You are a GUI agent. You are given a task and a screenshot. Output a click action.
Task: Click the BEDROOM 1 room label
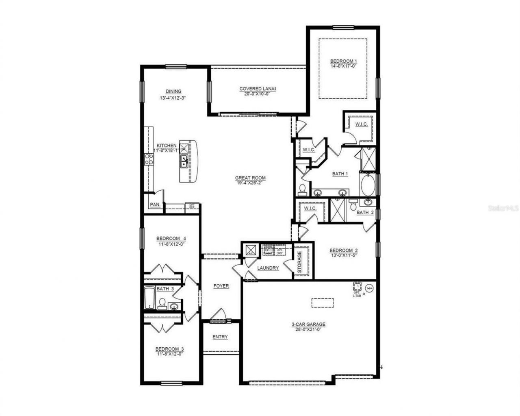coord(343,61)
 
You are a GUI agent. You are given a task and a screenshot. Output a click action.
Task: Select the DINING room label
coord(173,91)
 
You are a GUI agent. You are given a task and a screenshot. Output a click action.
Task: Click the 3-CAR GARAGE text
coord(308,324)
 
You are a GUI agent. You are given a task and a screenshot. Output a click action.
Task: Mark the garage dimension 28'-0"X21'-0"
coord(308,329)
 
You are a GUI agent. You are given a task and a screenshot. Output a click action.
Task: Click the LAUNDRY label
coord(268,268)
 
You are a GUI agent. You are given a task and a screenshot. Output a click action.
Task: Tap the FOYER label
coord(221,286)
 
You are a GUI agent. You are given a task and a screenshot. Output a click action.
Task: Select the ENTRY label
coord(220,337)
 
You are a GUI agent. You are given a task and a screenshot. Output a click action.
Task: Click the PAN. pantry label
coord(154,205)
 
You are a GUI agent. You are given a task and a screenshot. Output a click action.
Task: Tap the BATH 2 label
coord(365,212)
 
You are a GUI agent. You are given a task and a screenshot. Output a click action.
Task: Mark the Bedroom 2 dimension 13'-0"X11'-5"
coord(343,256)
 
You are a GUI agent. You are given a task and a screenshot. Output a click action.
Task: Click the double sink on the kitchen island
coord(184,161)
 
